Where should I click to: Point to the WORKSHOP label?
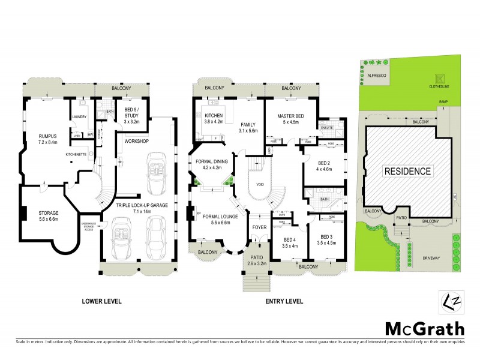pyautogui.click(x=136, y=141)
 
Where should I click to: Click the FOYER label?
pyautogui.click(x=259, y=228)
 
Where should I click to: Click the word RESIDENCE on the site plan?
pyautogui.click(x=408, y=171)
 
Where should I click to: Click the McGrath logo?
pyautogui.click(x=424, y=328)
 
